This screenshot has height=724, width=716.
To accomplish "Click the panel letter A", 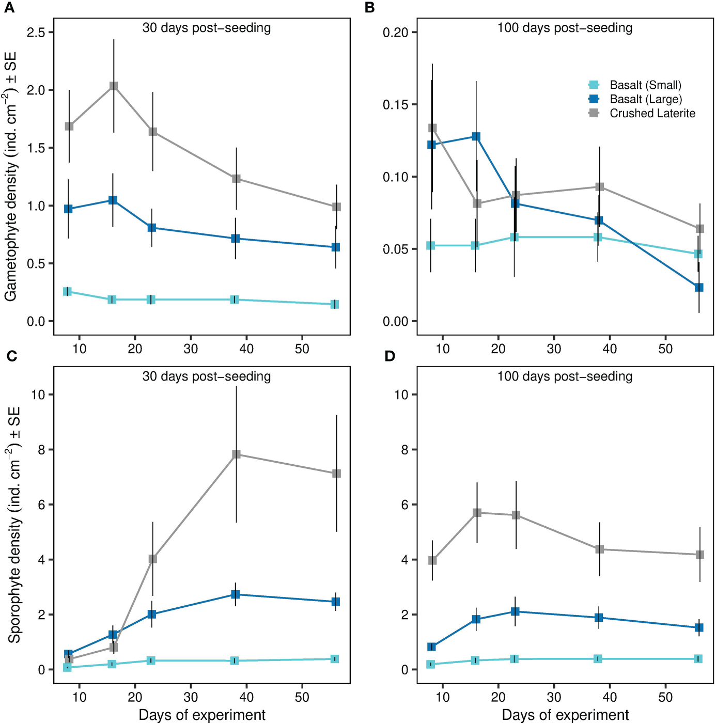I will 9,8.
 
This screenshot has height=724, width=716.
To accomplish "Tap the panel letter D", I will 390,356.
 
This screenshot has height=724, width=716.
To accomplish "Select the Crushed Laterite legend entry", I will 652,113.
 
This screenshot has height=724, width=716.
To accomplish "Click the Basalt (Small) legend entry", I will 645,85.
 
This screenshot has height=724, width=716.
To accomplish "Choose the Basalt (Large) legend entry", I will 645,99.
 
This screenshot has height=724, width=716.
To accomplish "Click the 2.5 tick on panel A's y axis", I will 37,33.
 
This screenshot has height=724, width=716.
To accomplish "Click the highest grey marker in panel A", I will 114,86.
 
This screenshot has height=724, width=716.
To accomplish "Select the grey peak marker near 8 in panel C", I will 236,454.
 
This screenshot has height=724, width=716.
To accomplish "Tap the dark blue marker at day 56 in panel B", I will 698,287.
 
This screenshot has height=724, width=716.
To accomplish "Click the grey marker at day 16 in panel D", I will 477,513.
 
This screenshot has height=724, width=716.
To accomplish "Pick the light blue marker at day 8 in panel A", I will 67,292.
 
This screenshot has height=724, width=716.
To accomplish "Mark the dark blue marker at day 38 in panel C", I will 236,594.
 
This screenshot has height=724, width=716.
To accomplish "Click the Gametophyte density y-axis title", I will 10,176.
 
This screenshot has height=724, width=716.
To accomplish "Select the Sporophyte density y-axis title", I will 13,524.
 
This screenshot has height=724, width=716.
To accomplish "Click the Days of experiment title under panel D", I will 565,715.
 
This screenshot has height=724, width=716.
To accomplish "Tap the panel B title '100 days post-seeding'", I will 565,28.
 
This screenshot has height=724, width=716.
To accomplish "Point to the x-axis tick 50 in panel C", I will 302,697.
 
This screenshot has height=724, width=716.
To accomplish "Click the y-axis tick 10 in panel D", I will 401,395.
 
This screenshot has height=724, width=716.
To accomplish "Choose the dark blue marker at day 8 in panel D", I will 431,647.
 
